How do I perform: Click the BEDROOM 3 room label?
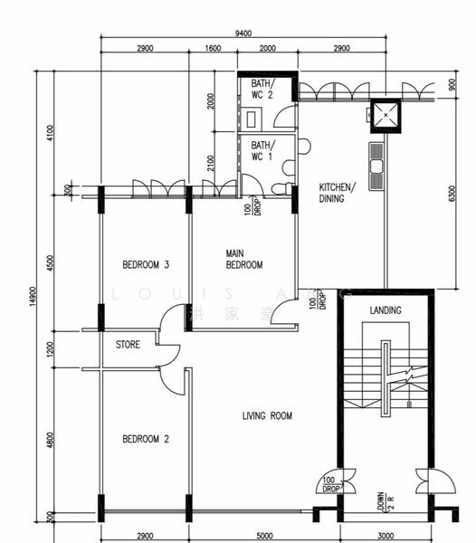[x=147, y=265]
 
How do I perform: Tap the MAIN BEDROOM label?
[x=243, y=259]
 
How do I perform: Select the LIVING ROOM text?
[x=267, y=416]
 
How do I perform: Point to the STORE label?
[x=128, y=345]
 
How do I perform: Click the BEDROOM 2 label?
[x=147, y=439]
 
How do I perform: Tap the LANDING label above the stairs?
[x=386, y=310]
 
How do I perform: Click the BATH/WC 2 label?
[x=262, y=89]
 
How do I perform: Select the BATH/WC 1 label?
[x=262, y=150]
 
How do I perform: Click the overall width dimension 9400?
[x=243, y=33]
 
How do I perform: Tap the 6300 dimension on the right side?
[x=452, y=194]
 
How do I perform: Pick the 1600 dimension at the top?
[x=213, y=48]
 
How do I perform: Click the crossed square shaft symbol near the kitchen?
[x=387, y=115]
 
